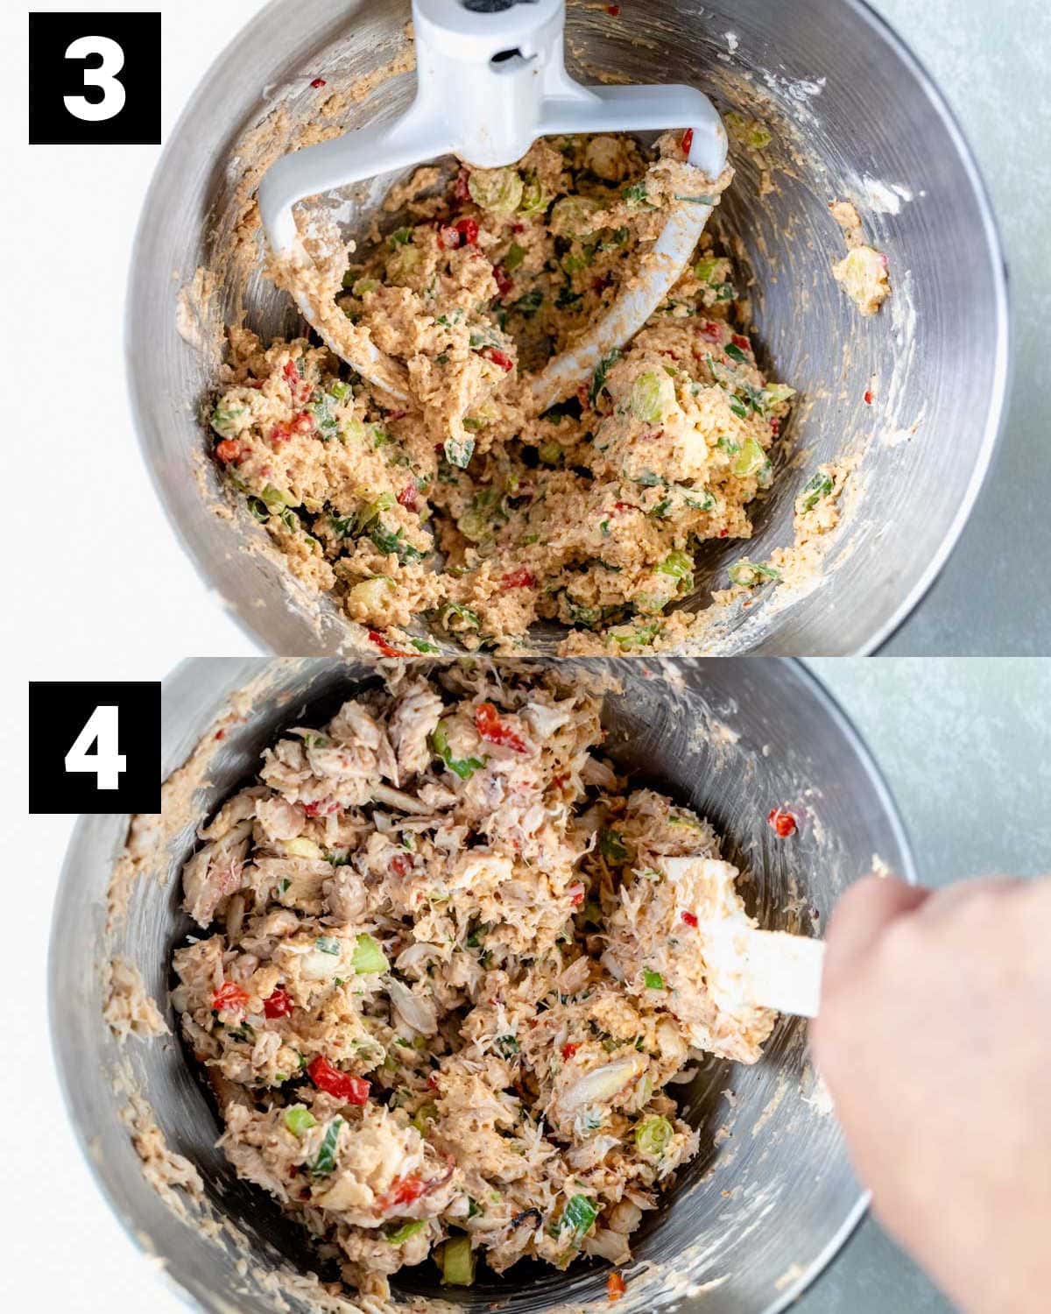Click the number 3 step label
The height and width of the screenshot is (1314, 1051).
click(x=95, y=78)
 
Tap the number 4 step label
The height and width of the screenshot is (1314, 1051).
click(x=95, y=747)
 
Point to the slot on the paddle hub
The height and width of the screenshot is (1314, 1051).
click(x=507, y=55)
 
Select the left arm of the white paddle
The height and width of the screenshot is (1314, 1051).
click(x=318, y=257)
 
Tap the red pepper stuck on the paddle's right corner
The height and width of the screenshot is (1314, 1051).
click(x=687, y=141)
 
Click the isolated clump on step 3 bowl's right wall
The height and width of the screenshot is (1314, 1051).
click(x=863, y=278)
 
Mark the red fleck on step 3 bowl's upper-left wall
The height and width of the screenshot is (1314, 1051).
click(x=317, y=82)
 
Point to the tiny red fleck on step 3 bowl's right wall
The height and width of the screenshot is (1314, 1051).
click(x=868, y=397)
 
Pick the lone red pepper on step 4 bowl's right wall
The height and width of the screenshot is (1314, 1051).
click(x=782, y=823)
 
